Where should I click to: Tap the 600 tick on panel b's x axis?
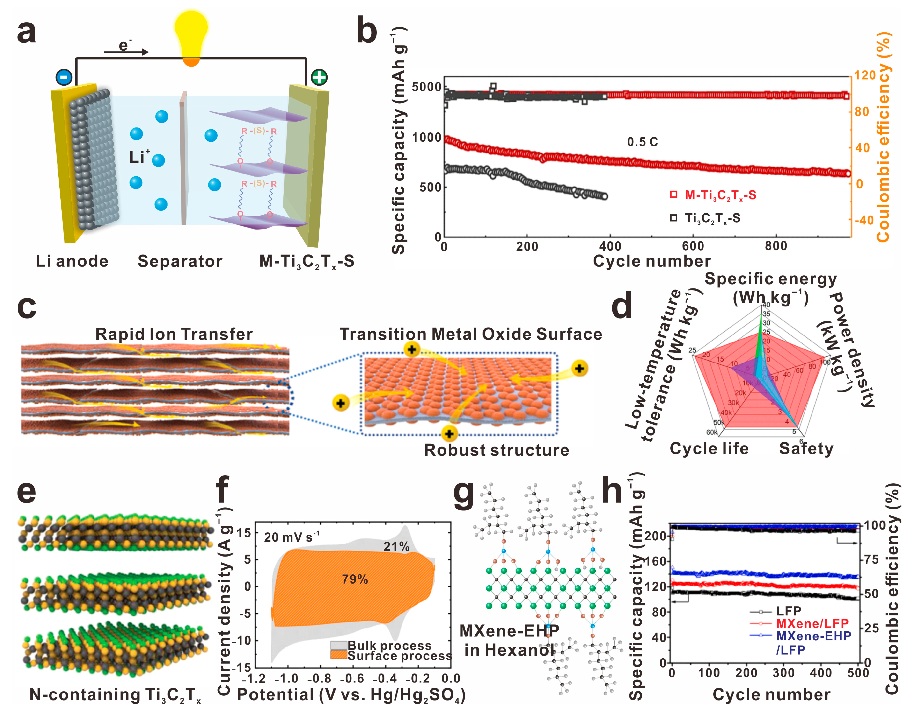coord(693,246)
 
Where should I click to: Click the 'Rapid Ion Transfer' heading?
coord(174,334)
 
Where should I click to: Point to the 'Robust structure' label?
coord(496,450)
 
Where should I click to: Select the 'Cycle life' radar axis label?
coord(709,449)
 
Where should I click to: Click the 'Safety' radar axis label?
coord(806,449)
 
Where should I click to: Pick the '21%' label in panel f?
coord(396,547)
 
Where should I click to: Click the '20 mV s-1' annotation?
coord(291,537)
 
